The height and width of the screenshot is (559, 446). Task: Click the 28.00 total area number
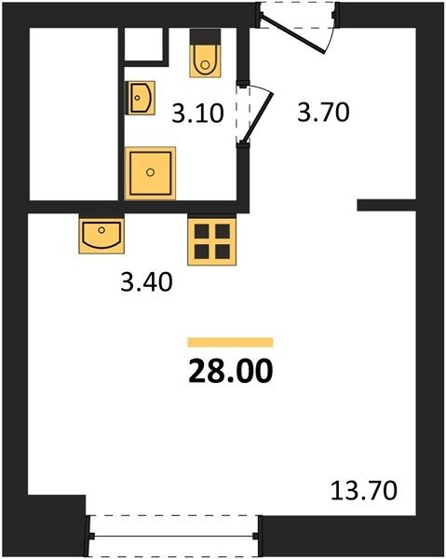click(231, 371)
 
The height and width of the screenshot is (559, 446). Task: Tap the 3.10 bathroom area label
click(197, 114)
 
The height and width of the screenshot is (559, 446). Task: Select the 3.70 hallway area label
click(323, 112)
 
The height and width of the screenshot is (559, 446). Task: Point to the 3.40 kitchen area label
click(146, 281)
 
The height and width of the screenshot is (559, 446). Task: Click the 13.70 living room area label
click(364, 490)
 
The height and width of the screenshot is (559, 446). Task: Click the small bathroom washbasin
click(141, 98)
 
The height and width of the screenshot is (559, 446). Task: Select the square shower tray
click(150, 173)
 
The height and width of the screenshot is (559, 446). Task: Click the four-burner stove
click(212, 241)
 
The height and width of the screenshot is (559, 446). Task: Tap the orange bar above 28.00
click(230, 342)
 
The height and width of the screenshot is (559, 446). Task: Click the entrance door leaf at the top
click(292, 34)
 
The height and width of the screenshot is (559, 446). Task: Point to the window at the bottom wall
click(174, 536)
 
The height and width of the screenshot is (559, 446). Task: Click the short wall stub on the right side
click(386, 205)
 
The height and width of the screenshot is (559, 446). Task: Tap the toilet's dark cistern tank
click(205, 37)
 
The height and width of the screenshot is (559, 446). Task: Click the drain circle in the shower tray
click(150, 172)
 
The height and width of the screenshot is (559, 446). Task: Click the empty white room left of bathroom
click(74, 114)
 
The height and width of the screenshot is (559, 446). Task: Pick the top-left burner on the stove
click(202, 231)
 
